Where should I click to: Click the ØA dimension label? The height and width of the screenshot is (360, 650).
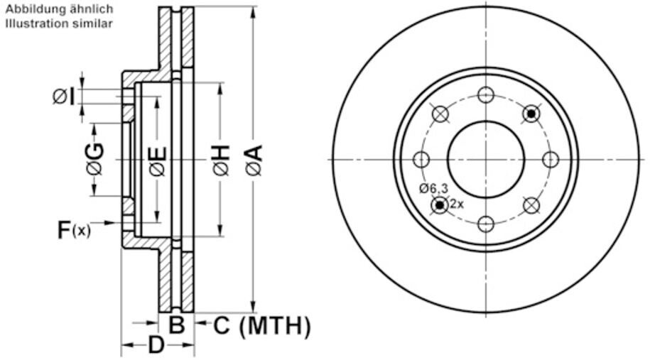pyautogui.click(x=254, y=160)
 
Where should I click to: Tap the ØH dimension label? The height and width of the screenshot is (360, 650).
pyautogui.click(x=220, y=160)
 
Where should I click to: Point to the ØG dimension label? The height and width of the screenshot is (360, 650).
pyautogui.click(x=94, y=160)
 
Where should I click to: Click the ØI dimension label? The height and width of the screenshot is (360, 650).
pyautogui.click(x=63, y=95)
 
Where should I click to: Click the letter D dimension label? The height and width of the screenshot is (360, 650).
pyautogui.click(x=156, y=347)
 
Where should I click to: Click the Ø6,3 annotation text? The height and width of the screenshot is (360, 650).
pyautogui.click(x=433, y=188)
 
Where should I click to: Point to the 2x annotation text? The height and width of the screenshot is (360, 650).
pyautogui.click(x=457, y=204)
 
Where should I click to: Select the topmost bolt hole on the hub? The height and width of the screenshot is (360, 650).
pyautogui.click(x=486, y=94)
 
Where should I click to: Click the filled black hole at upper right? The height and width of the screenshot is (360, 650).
pyautogui.click(x=531, y=113)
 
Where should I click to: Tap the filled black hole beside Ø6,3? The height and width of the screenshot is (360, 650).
pyautogui.click(x=440, y=205)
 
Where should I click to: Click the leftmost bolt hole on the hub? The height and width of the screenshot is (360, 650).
pyautogui.click(x=421, y=159)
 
